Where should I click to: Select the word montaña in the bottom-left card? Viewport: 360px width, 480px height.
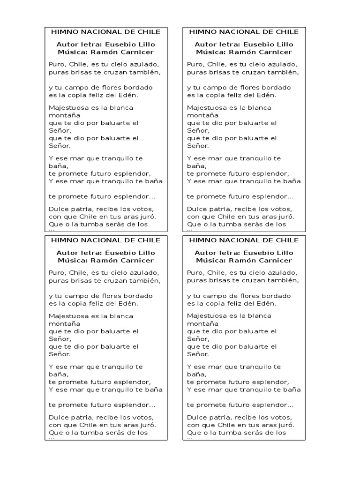[x=64, y=323]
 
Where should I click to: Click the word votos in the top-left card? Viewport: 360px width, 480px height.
[x=143, y=209]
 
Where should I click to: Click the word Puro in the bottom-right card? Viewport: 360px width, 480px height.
[x=195, y=272]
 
